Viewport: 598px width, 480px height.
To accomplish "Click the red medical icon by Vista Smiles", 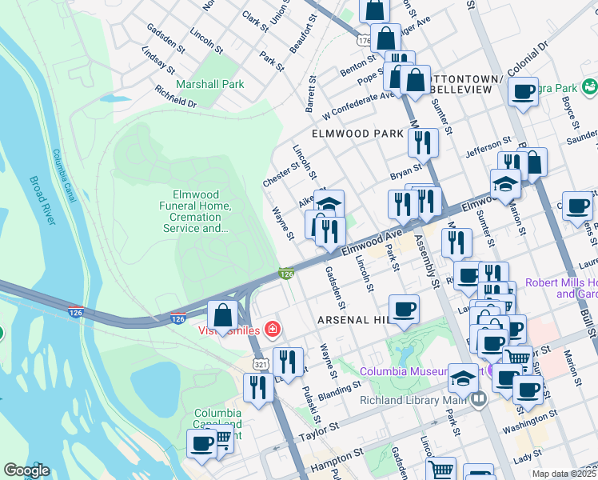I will pos(273,329).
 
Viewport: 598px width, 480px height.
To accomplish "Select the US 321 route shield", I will pos(261,364).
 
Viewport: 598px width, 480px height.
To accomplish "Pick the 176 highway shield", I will pos(365,40).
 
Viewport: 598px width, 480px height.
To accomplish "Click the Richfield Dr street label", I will pos(176,96).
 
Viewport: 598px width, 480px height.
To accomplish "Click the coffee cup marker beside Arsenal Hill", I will pos(404,309).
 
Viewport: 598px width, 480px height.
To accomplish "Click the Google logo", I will pos(26,470).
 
